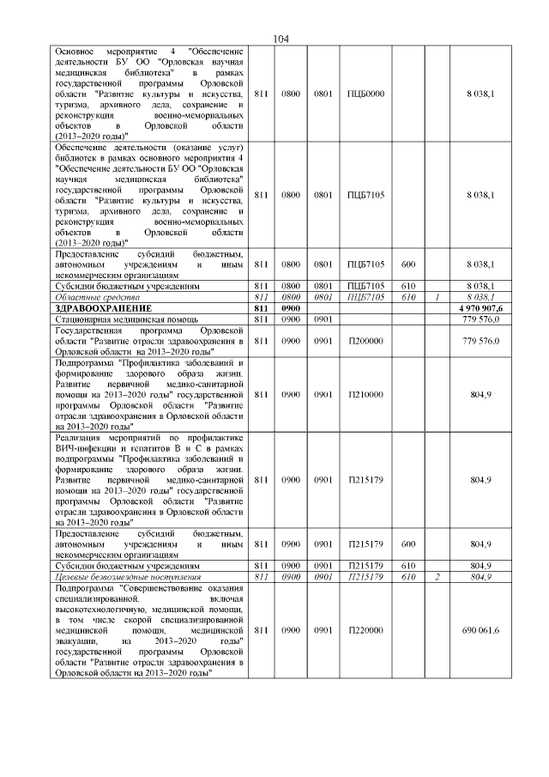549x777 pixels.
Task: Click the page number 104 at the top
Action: click(x=281, y=39)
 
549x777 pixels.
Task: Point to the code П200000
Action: click(x=365, y=341)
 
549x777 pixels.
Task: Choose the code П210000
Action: click(x=365, y=394)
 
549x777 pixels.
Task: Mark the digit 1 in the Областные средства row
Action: click(x=437, y=296)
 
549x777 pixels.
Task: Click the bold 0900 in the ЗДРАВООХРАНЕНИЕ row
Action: click(x=291, y=307)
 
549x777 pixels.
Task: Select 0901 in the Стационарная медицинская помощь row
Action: click(x=323, y=319)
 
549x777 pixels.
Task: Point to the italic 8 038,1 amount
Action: click(x=481, y=296)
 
